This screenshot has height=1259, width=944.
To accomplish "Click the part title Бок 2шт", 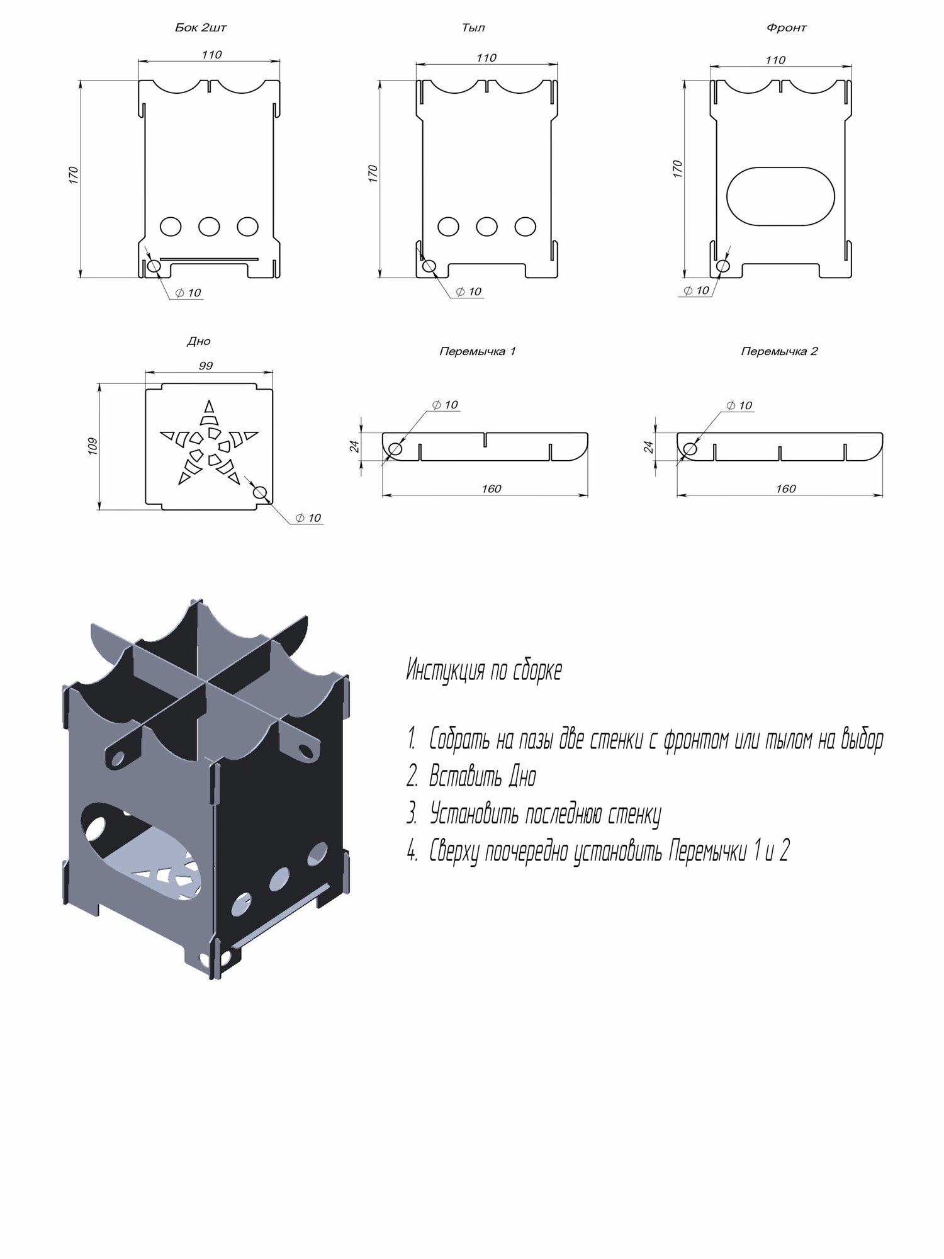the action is point(201,28).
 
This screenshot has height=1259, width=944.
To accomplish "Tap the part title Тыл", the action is point(473,28).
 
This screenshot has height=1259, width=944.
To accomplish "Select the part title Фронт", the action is point(786,28).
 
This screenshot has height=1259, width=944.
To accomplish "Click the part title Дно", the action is point(199,341).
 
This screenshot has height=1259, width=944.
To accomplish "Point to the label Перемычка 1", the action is point(477,351).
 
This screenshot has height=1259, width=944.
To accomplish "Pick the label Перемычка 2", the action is point(779,351).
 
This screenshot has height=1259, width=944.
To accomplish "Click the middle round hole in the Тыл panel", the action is point(486,227).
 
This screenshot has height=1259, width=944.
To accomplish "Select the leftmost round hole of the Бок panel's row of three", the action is point(171,227).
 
